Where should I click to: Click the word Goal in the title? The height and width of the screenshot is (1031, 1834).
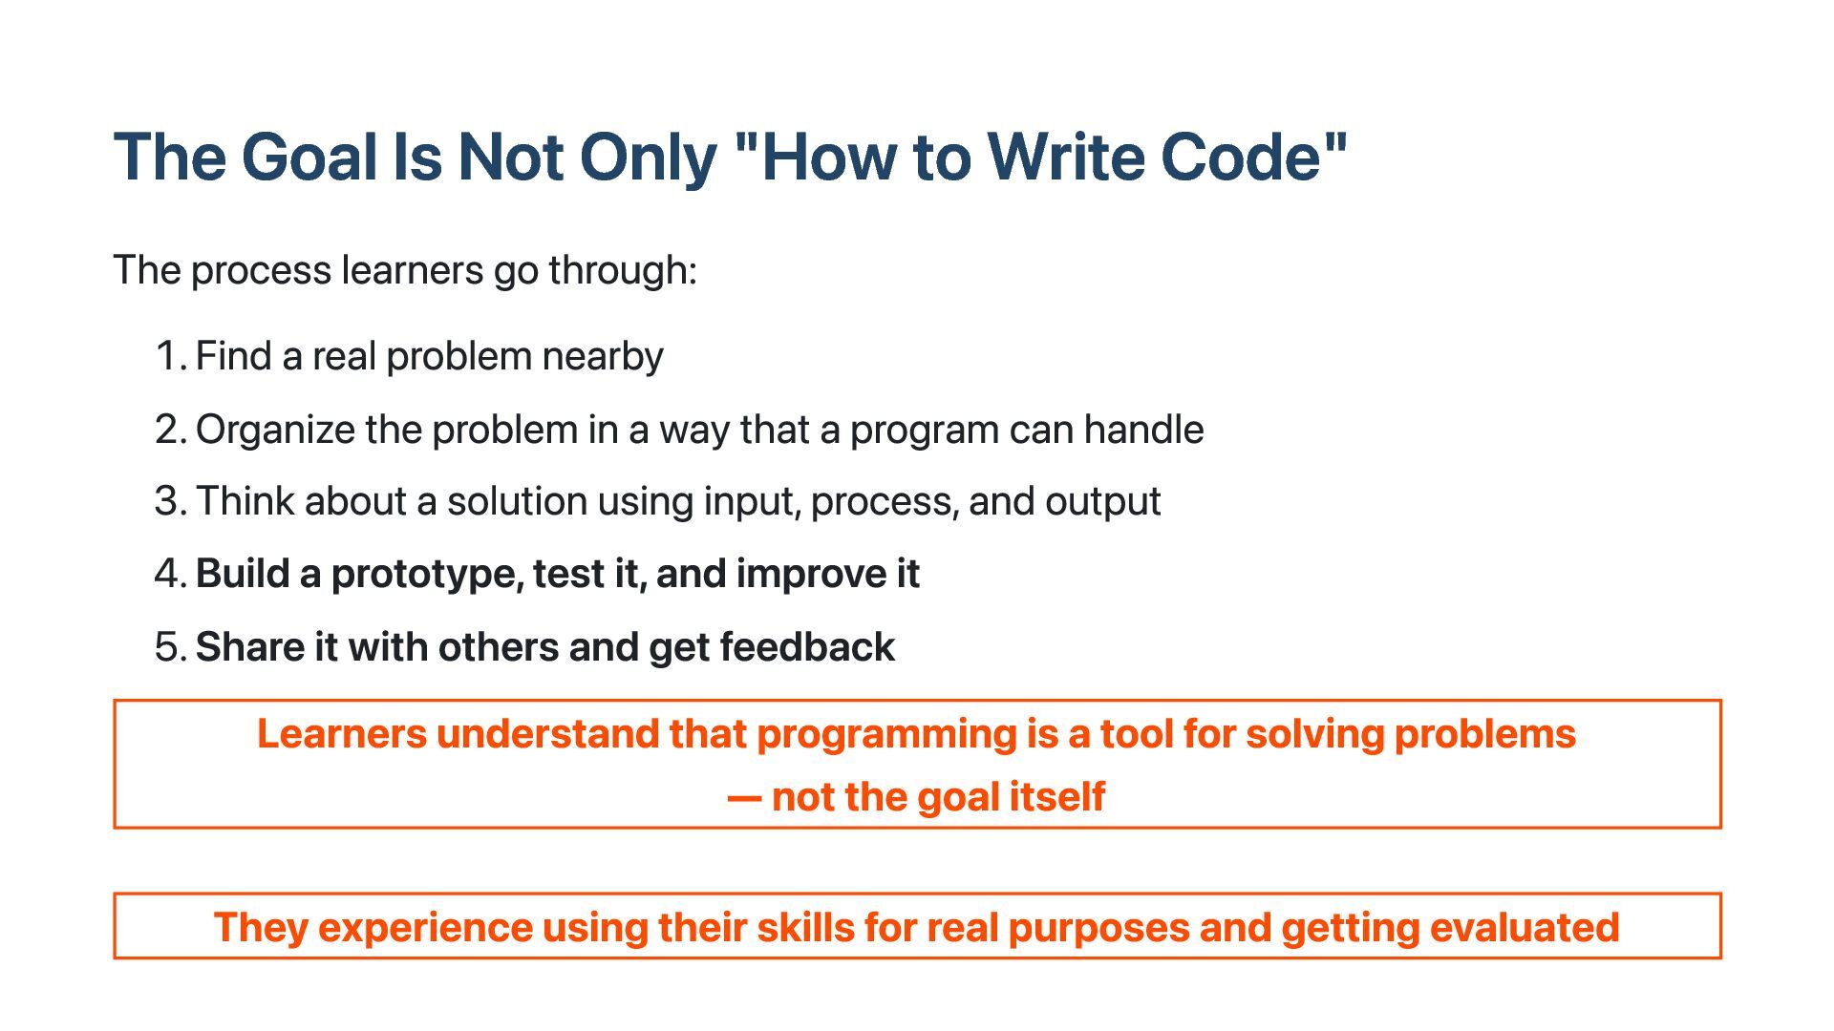pyautogui.click(x=309, y=157)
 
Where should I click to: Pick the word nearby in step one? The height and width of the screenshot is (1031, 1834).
pyautogui.click(x=603, y=357)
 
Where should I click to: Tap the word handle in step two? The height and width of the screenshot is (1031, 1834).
pyautogui.click(x=1143, y=430)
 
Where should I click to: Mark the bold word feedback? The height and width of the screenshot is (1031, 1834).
pyautogui.click(x=807, y=647)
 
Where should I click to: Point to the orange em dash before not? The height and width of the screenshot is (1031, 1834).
pyautogui.click(x=744, y=798)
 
